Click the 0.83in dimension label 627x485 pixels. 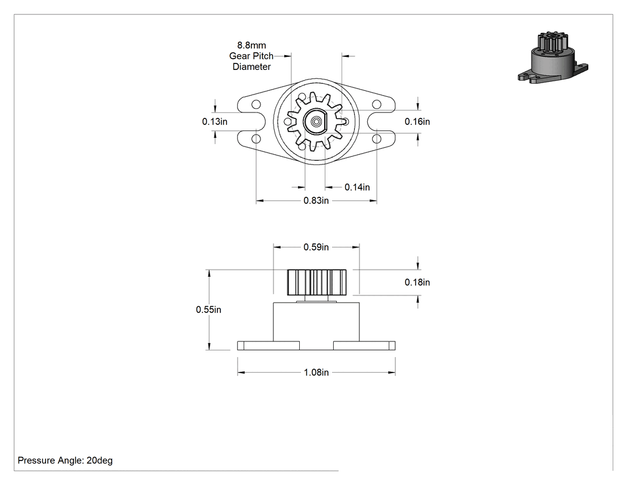point(316,200)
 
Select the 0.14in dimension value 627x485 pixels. point(357,187)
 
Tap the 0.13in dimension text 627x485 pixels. point(215,121)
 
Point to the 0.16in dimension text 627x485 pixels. point(417,121)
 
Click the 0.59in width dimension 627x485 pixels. point(316,247)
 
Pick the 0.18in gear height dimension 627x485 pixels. point(417,282)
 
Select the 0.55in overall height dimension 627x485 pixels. point(208,310)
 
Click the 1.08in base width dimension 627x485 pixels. point(316,373)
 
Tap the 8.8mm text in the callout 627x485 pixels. point(251,45)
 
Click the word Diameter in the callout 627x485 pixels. point(251,67)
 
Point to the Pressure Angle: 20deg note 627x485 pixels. point(65,460)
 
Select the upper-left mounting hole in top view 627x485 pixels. point(256,105)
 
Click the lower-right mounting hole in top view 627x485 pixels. point(376,139)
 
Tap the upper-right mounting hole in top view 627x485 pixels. point(376,105)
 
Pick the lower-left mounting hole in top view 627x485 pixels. point(256,139)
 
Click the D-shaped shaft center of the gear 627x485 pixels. point(315,121)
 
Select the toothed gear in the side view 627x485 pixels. point(316,283)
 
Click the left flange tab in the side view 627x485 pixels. point(268,346)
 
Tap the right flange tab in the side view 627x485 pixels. point(364,346)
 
